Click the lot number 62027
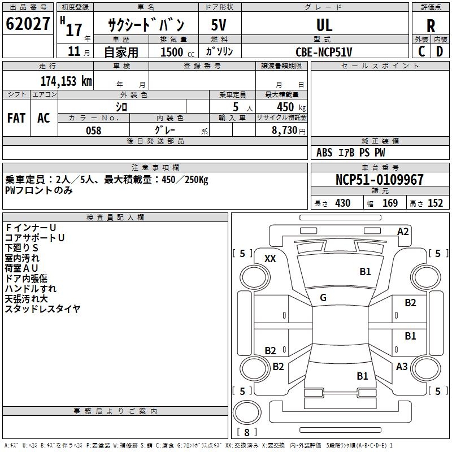(x=28, y=24)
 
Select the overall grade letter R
(x=431, y=26)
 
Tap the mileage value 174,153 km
(x=66, y=81)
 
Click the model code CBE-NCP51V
(x=324, y=52)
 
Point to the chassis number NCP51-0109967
(x=380, y=179)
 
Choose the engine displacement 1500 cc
(x=177, y=52)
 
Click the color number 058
(x=94, y=131)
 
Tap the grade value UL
(x=324, y=25)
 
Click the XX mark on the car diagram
(x=270, y=259)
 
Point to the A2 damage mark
(x=403, y=232)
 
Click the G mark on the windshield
(x=323, y=298)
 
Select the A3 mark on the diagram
(x=402, y=366)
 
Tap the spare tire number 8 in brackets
(x=247, y=432)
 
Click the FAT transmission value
(x=16, y=118)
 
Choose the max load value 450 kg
(x=291, y=107)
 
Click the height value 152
(x=435, y=203)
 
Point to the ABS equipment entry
(x=324, y=153)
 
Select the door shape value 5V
(x=219, y=25)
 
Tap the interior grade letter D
(x=440, y=51)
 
